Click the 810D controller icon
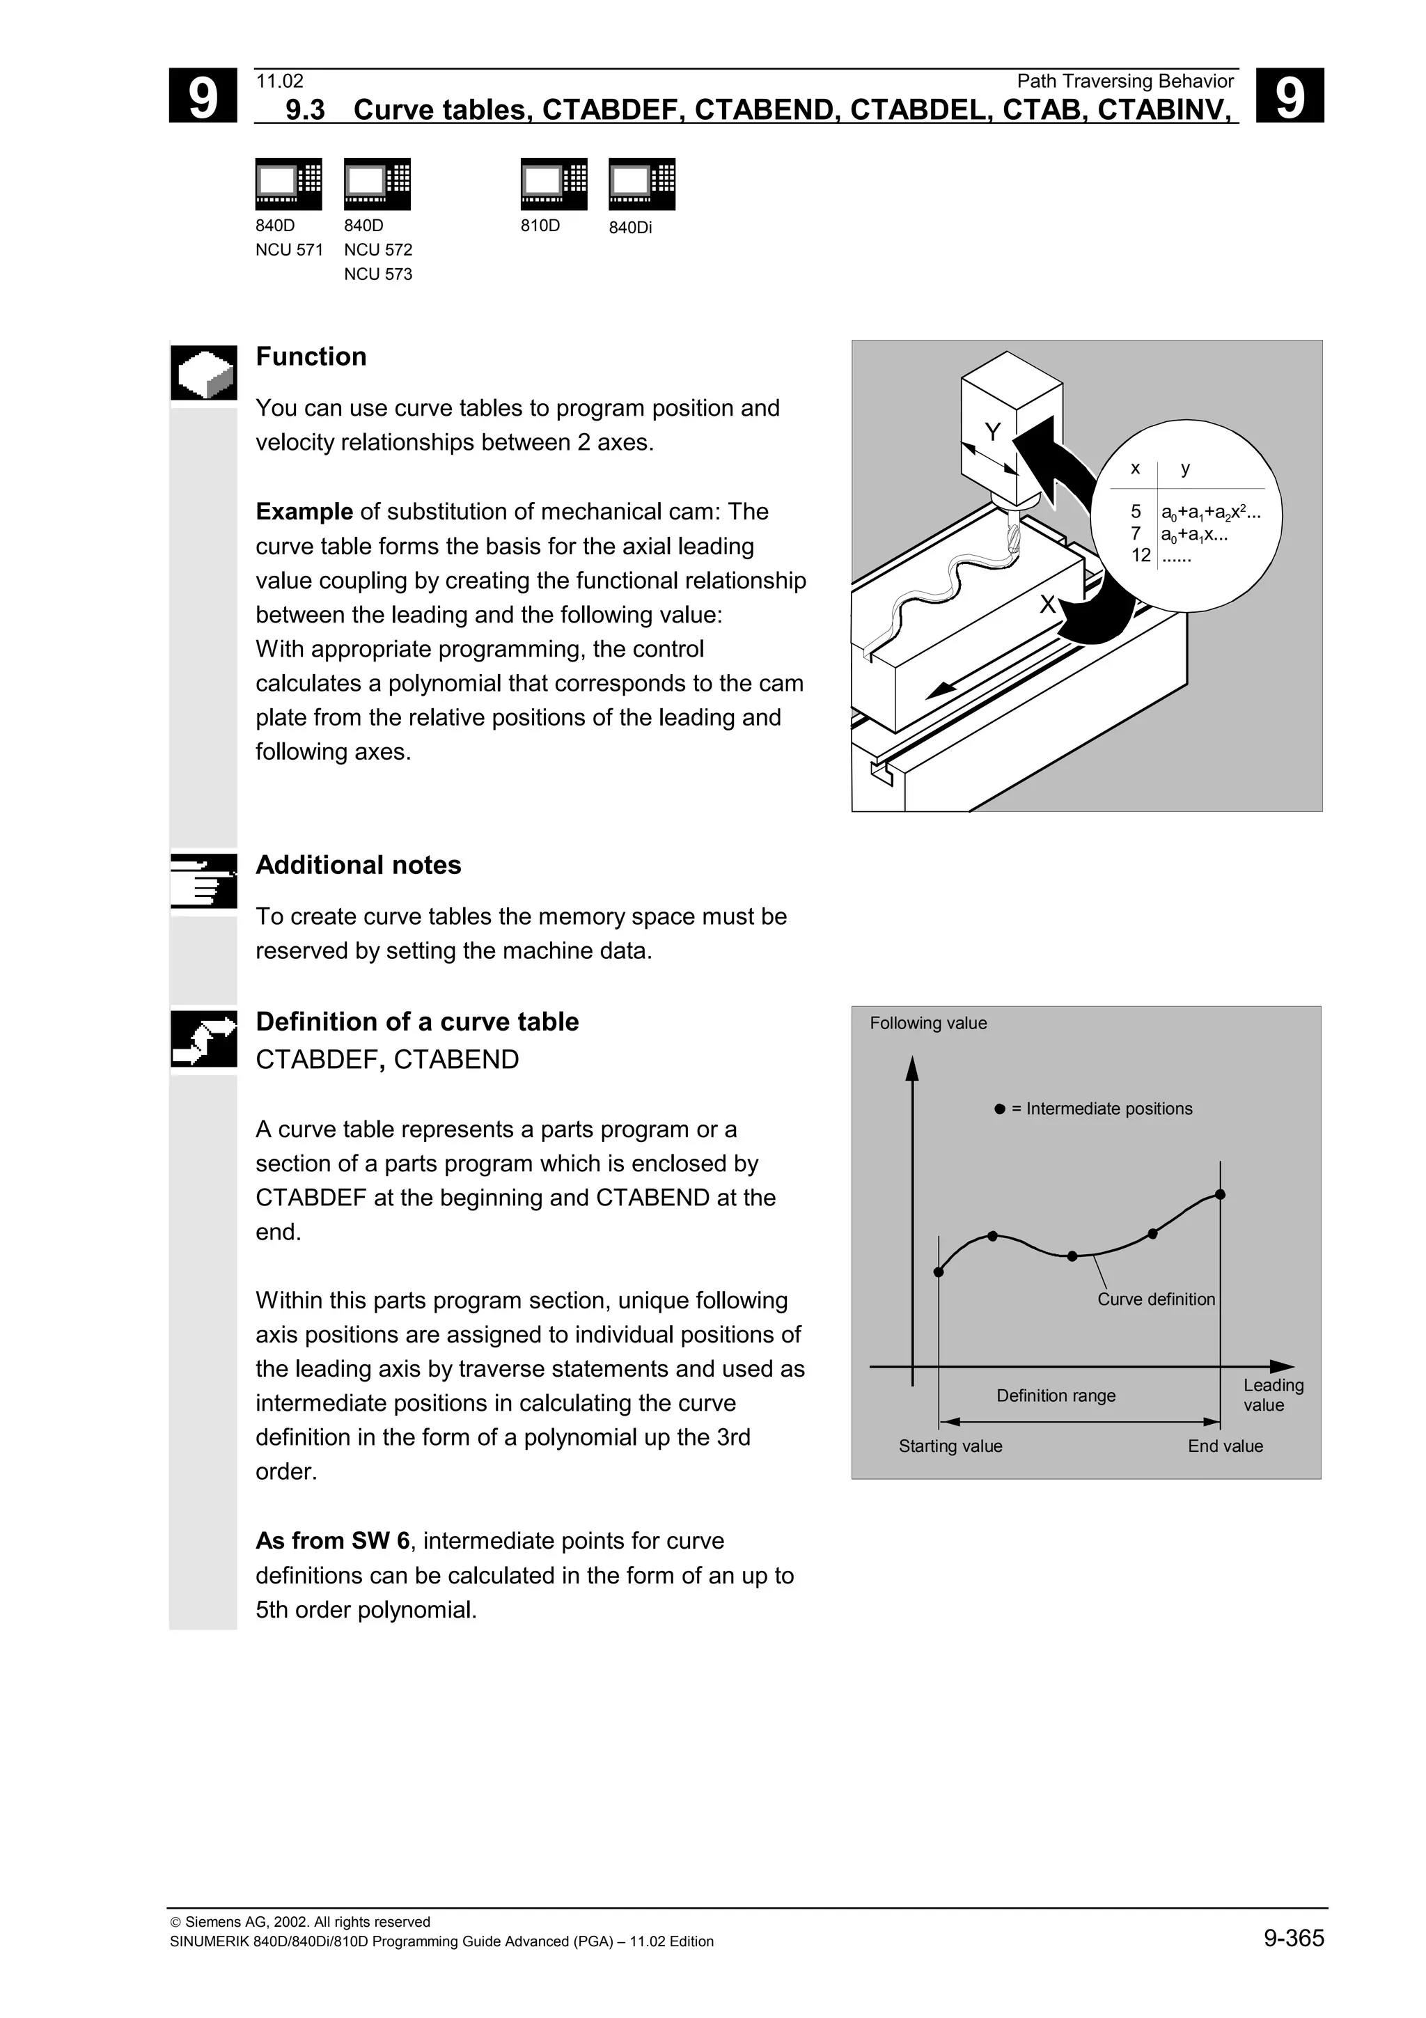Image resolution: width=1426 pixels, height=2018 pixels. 554,184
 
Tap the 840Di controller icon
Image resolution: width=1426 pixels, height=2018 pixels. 641,184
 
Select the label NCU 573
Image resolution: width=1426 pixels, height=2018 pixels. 378,274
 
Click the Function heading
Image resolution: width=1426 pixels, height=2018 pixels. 311,357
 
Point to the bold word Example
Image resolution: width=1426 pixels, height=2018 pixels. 304,512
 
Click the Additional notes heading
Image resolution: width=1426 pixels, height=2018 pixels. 359,865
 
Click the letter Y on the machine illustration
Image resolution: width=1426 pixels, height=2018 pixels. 993,432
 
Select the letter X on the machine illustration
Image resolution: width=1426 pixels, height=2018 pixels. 1047,604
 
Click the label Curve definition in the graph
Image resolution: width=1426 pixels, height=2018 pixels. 1155,1299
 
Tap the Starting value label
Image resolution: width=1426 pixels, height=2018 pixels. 950,1446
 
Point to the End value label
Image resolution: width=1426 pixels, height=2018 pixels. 1225,1446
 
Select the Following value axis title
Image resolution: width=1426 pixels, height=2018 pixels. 928,1023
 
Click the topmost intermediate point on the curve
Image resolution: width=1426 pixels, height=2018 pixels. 1219,1194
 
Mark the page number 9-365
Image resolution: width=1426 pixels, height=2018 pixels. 1293,1938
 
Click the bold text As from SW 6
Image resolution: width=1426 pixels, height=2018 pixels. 332,1541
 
